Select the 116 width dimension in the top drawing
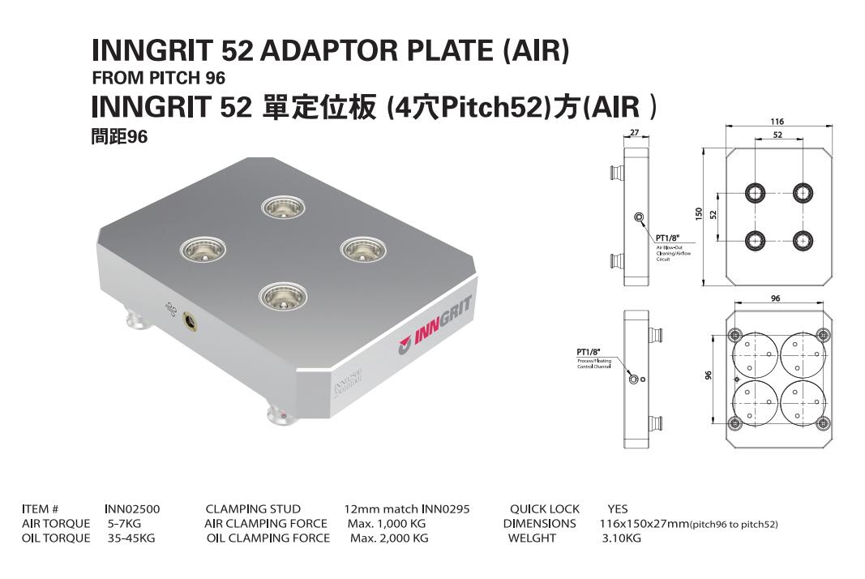(x=777, y=122)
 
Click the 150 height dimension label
(x=699, y=213)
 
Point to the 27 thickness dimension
(x=635, y=133)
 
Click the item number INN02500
(x=132, y=509)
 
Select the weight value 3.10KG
(x=621, y=538)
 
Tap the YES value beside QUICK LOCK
(x=618, y=509)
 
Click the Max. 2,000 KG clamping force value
(x=388, y=538)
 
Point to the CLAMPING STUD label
(x=253, y=509)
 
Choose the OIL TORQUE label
(x=56, y=538)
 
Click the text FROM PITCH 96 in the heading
(x=158, y=79)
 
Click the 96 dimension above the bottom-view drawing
(x=775, y=298)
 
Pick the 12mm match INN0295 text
(x=407, y=509)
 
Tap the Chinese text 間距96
(x=119, y=137)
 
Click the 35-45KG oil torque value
(x=131, y=538)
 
